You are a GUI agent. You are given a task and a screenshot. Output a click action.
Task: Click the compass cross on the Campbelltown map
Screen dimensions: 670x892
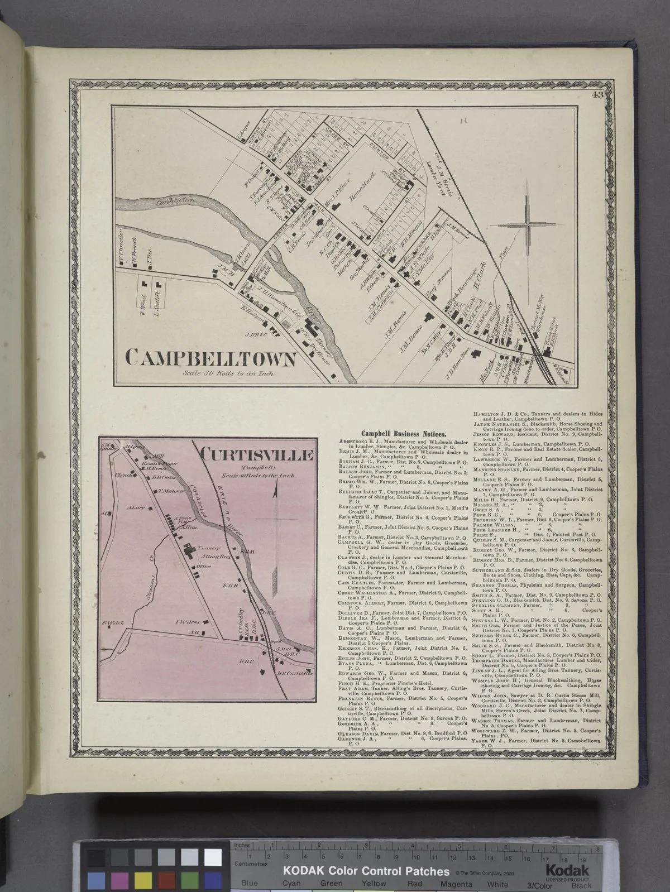(527, 225)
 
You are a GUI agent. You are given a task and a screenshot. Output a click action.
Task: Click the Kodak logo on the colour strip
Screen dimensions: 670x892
(567, 870)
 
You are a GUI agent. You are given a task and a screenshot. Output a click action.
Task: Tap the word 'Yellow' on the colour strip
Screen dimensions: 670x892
(374, 883)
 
